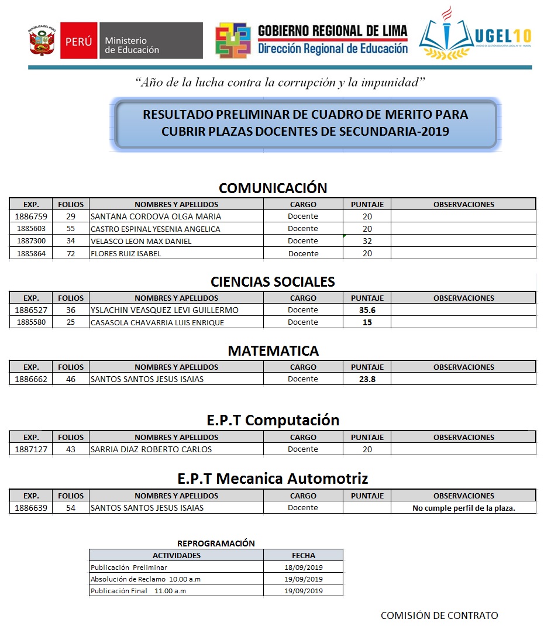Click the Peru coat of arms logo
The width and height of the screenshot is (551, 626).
[x=42, y=42]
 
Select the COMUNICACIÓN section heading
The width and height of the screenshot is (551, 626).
[x=273, y=188]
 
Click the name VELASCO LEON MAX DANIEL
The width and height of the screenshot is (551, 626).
[x=141, y=241]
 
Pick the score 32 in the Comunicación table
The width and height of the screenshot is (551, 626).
[x=367, y=241]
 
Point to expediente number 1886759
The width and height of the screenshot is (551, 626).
[x=30, y=216]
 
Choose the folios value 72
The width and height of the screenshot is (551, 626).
[x=71, y=254]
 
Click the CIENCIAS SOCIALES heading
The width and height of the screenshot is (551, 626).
[x=273, y=281]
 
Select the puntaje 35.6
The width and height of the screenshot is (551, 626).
[x=367, y=310]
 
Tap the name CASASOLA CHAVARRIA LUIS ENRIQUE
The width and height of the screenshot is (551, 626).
[x=157, y=322]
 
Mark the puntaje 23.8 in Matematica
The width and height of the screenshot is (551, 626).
[x=367, y=379]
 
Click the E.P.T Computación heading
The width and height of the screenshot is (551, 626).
[x=273, y=420]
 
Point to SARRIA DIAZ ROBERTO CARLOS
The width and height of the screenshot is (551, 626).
[x=151, y=449]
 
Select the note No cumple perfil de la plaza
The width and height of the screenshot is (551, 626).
[x=463, y=508]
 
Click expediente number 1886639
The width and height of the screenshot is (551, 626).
[x=30, y=508]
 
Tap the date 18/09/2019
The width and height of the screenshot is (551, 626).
[x=303, y=567]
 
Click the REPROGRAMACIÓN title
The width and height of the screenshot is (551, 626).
[x=216, y=544]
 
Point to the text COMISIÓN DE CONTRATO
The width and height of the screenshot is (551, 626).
[x=439, y=615]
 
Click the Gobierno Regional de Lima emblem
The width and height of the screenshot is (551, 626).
[x=233, y=40]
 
